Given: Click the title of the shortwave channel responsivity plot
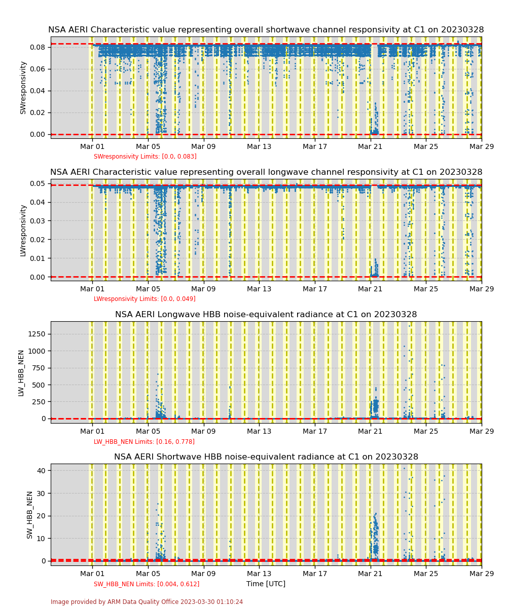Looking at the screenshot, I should coord(266,30).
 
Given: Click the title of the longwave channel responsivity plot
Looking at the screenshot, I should coord(266,172).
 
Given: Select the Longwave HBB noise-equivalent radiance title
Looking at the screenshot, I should coord(266,315).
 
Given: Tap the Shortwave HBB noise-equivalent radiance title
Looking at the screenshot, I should coord(266,457).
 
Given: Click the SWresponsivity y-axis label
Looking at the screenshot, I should coord(23,87).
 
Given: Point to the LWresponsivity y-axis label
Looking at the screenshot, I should coord(23,230).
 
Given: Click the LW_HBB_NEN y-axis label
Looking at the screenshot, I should coord(21,372).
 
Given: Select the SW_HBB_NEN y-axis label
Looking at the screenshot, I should coord(29,514).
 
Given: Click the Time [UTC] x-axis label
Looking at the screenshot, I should coord(266,584).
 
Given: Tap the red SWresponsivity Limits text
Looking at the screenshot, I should coord(145,157).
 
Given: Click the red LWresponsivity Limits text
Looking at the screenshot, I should coord(144,299).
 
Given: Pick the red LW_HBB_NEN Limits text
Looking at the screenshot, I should coord(144,442).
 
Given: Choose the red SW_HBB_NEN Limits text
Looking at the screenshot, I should coord(147,584).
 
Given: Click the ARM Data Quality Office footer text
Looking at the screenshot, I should coord(147,602).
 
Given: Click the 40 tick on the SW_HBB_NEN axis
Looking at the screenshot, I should coord(41,471).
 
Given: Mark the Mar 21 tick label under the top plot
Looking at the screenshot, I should coord(370,146).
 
